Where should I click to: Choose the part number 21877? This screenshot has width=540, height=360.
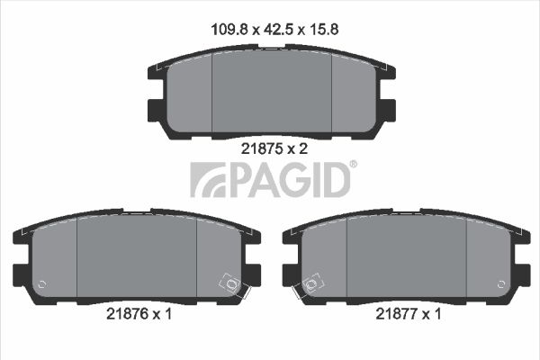point(397,315)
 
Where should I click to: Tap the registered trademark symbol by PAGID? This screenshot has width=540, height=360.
point(353,165)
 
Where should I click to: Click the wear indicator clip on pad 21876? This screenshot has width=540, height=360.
point(230,285)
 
